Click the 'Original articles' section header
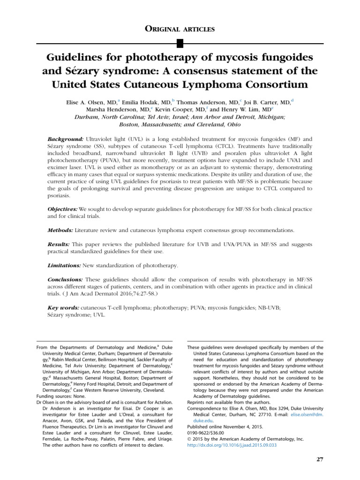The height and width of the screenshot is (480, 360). point(180,29)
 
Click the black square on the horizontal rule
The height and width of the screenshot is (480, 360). point(180,44)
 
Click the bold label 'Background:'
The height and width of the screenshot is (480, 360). point(66,139)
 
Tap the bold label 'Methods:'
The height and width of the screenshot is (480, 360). point(61,231)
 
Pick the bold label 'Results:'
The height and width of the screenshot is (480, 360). point(59,245)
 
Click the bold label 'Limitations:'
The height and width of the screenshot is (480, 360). point(65,265)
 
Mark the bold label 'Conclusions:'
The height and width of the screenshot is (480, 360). point(66,280)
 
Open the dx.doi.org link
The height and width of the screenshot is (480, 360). point(232,445)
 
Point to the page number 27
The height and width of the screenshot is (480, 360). point(320,459)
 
